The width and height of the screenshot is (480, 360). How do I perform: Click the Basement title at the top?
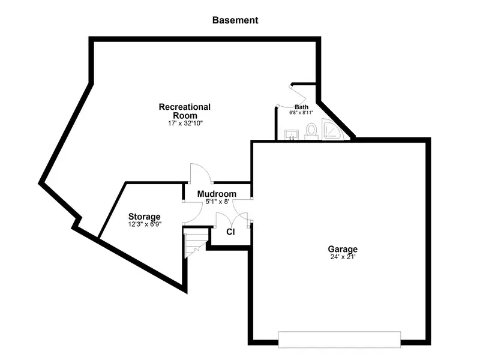point(235,20)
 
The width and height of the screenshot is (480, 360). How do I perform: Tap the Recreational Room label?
point(185,111)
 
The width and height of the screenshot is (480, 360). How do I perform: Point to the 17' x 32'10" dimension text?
point(185,124)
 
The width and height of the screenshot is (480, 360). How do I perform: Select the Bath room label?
point(302,107)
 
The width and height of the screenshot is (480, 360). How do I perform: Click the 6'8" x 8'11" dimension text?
point(301,112)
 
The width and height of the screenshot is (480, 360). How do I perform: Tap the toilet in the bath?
point(311,131)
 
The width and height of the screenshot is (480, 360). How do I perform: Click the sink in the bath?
point(292,134)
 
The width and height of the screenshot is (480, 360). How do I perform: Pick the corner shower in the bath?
point(333,130)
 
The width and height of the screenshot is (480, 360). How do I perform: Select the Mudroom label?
point(217,194)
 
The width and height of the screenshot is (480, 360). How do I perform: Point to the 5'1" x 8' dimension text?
point(217,202)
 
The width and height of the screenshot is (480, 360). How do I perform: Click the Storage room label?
point(144,217)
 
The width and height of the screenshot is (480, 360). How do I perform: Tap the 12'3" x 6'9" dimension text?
point(145,224)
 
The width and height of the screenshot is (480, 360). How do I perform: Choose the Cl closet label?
point(230,232)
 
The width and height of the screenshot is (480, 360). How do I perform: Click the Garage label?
point(343,249)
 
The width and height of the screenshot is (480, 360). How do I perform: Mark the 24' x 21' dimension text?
point(343,257)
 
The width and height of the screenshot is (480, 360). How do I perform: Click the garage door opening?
point(339,340)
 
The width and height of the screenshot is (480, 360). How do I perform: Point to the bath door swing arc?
point(293,103)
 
